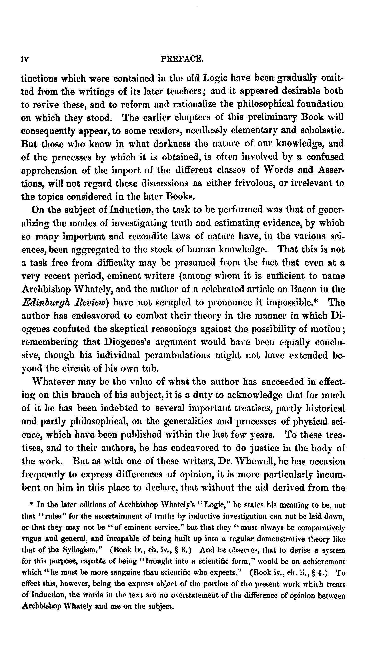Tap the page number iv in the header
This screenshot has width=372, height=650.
pos(25,59)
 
